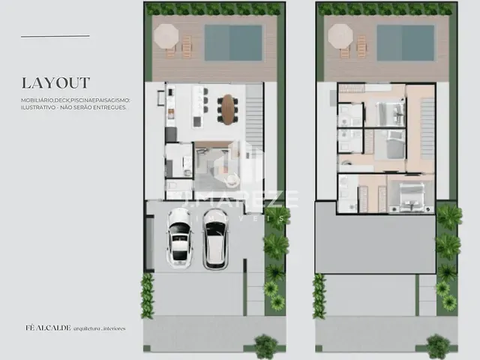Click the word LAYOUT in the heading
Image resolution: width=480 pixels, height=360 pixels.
click(x=55, y=82)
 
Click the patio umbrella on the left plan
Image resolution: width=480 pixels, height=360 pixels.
click(x=166, y=35)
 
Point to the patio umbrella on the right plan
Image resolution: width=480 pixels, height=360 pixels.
click(x=340, y=35)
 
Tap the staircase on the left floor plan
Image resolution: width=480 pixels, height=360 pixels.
click(x=255, y=112)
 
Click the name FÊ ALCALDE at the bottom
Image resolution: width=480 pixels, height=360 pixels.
click(x=42, y=328)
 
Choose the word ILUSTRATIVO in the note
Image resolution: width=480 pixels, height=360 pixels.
click(x=41, y=107)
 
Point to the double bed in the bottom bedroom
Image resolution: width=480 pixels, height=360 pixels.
click(x=410, y=194)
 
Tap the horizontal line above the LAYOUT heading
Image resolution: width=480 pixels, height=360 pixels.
click(x=55, y=36)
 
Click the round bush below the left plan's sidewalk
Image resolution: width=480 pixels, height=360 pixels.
click(x=265, y=346)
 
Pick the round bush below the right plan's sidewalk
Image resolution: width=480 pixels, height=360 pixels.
click(x=438, y=346)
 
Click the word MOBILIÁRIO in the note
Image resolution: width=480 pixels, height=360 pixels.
click(x=42, y=100)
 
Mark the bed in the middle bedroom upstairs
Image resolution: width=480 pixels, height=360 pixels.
click(x=392, y=145)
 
